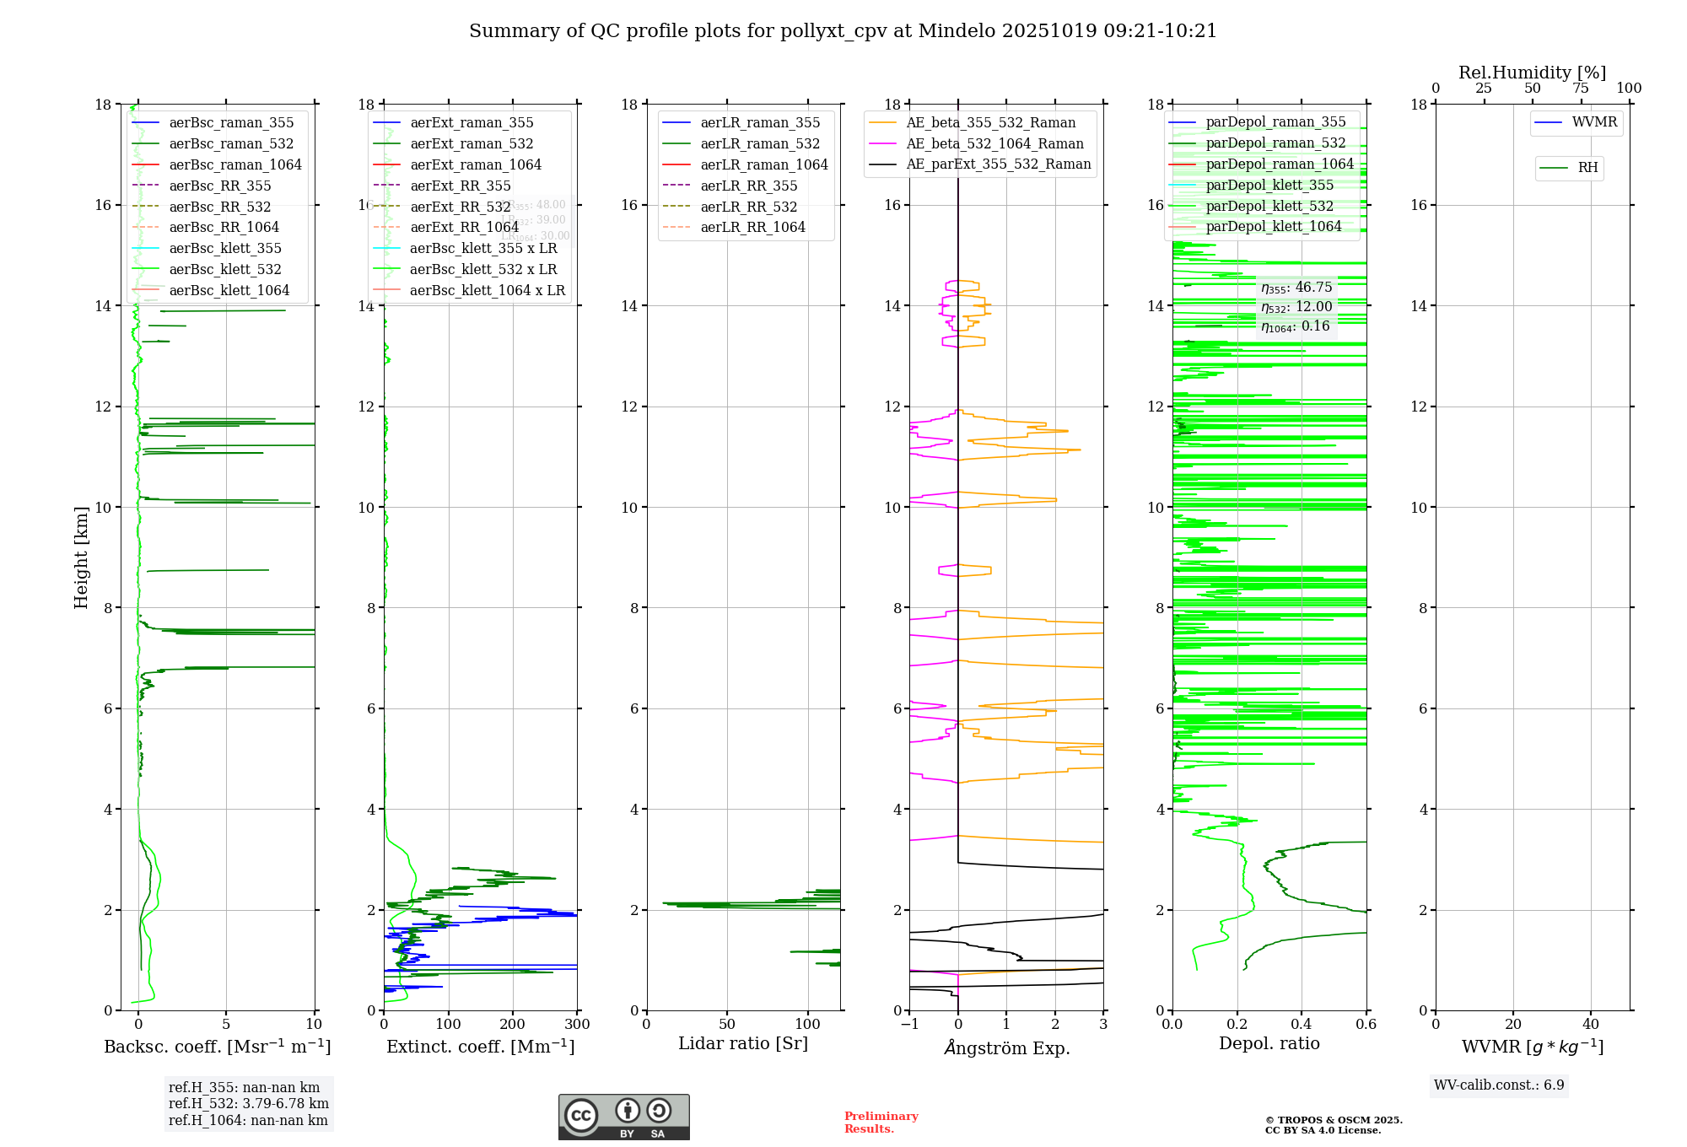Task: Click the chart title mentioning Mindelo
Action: pyautogui.click(x=843, y=31)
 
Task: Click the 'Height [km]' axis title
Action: pyautogui.click(x=81, y=557)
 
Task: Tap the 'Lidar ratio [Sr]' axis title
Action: pyautogui.click(x=743, y=1043)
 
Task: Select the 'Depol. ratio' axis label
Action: pyautogui.click(x=1269, y=1043)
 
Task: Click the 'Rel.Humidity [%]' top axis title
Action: pyautogui.click(x=1532, y=73)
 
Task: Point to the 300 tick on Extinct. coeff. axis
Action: pyautogui.click(x=577, y=1025)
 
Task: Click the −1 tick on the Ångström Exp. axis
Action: pyautogui.click(x=909, y=1025)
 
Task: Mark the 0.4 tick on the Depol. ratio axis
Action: pyautogui.click(x=1302, y=1025)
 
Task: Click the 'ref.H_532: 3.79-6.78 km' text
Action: pyautogui.click(x=249, y=1103)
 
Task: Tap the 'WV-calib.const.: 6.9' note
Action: pyautogui.click(x=1499, y=1085)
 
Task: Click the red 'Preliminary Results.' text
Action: pyautogui.click(x=881, y=1123)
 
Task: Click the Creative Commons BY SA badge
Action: pyautogui.click(x=623, y=1117)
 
